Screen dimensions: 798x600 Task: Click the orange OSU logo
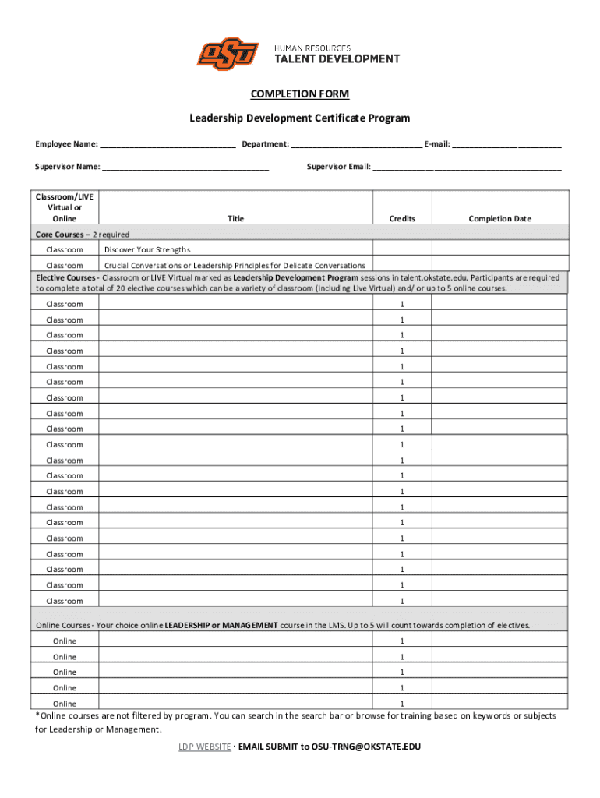(x=228, y=54)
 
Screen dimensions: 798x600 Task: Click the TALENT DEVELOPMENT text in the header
(x=337, y=58)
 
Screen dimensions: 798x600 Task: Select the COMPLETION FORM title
(x=299, y=94)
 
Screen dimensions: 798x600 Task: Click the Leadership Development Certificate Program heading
(x=299, y=118)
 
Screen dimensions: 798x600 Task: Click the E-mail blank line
(x=506, y=145)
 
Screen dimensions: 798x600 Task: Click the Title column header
(x=235, y=219)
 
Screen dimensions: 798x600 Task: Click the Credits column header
(x=402, y=219)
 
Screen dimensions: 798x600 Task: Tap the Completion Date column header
(x=499, y=219)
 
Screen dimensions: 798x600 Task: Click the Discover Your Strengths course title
(x=147, y=249)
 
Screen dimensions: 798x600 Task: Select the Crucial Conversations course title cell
(x=235, y=266)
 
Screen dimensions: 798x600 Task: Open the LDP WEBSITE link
(x=204, y=747)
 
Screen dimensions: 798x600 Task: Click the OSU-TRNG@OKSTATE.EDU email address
(x=365, y=747)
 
